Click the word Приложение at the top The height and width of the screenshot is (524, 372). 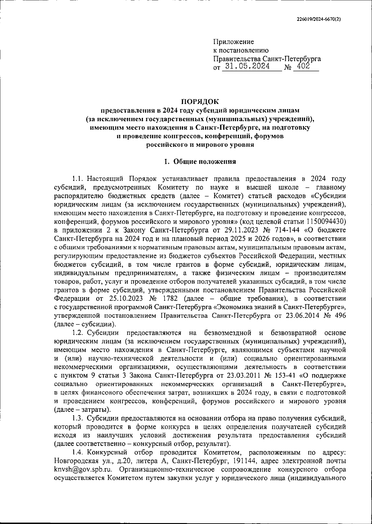click(x=233, y=42)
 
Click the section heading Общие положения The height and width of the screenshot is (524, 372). click(x=205, y=161)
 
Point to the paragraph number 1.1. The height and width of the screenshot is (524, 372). click(x=78, y=179)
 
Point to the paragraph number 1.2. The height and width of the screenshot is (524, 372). click(x=78, y=333)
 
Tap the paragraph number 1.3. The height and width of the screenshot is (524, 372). click(x=78, y=418)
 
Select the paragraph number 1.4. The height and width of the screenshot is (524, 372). click(x=78, y=452)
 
